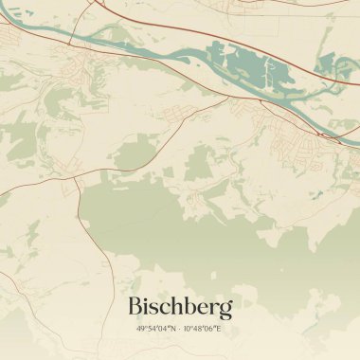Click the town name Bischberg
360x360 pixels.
(x=179, y=307)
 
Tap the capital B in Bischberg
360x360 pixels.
(x=135, y=307)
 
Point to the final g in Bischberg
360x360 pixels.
(x=225, y=311)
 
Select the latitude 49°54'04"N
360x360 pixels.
(x=157, y=329)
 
